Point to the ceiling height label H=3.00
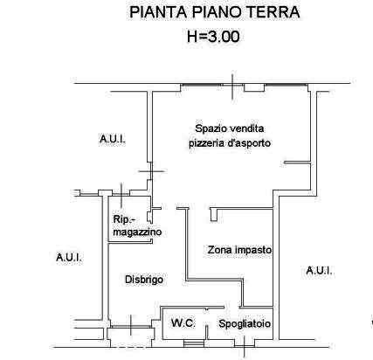pyautogui.click(x=213, y=37)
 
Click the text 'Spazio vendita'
pyautogui.click(x=230, y=128)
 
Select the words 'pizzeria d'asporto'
pyautogui.click(x=230, y=143)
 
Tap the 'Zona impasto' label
pyautogui.click(x=239, y=250)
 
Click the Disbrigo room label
pyautogui.click(x=144, y=280)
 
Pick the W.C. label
pyautogui.click(x=183, y=323)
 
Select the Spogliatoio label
pyautogui.click(x=245, y=323)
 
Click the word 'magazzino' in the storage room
pyautogui.click(x=137, y=232)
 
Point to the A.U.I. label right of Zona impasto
pyautogui.click(x=319, y=271)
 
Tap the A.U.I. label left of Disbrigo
pyautogui.click(x=69, y=258)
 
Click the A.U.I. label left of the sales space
pyautogui.click(x=113, y=139)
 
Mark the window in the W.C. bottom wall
pyautogui.click(x=190, y=343)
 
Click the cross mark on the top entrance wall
pyautogui.click(x=232, y=87)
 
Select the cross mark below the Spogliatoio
pyautogui.click(x=245, y=346)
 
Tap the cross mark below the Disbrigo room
pyautogui.click(x=131, y=325)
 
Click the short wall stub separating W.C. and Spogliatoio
pyautogui.click(x=207, y=332)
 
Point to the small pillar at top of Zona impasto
pyautogui.click(x=213, y=215)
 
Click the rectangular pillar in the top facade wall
pyautogui.click(x=254, y=87)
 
